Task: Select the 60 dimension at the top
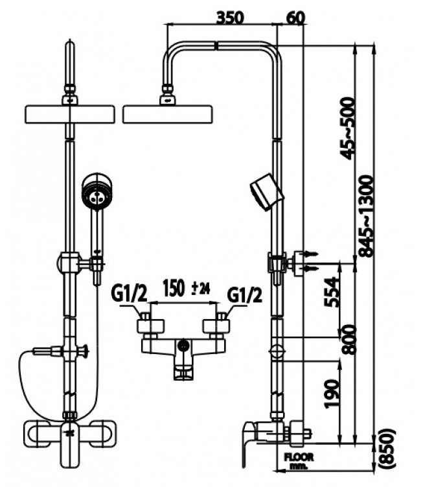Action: coord(295,17)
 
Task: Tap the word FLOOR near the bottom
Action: coord(299,457)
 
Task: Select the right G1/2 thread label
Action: coord(245,295)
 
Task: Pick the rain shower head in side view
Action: coord(168,114)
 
